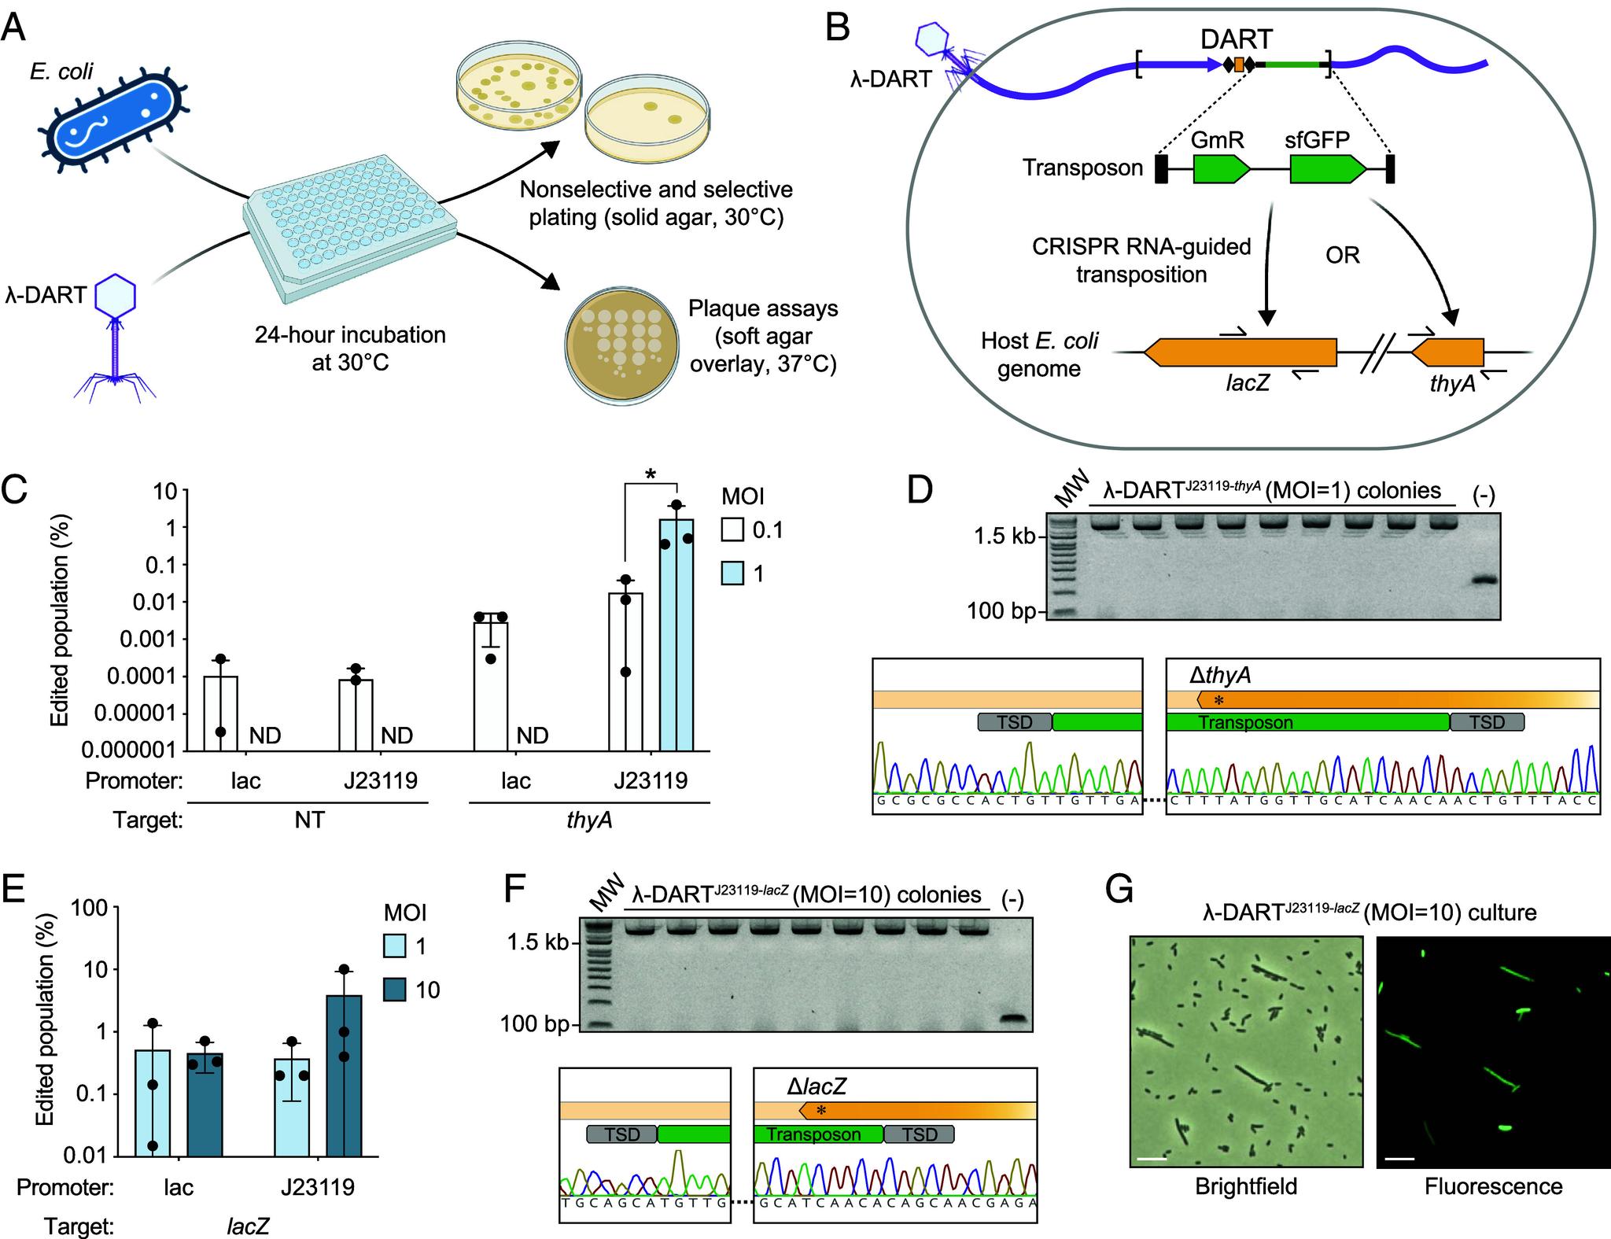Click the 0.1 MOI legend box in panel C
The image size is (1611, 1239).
pos(732,530)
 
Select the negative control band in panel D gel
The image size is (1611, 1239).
pos(1483,581)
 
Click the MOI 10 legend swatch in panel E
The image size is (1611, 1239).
pos(396,989)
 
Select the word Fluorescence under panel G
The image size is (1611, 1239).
pos(1493,1186)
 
